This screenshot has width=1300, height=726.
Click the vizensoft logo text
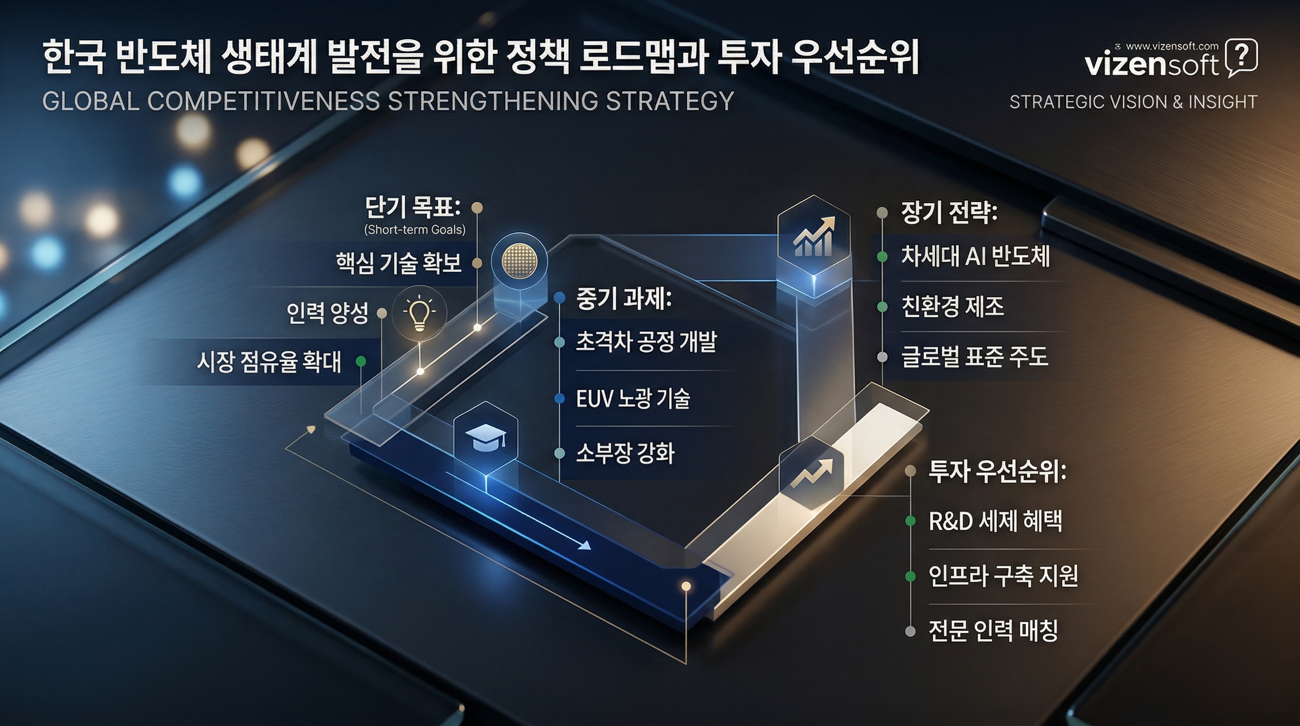[x=1151, y=65]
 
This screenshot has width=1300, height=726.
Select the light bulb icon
[x=419, y=314]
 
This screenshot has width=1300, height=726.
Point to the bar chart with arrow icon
[x=813, y=237]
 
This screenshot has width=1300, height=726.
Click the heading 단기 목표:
[x=412, y=207]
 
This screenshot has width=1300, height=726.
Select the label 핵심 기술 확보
[x=399, y=263]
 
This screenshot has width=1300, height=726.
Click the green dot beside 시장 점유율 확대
[x=361, y=362]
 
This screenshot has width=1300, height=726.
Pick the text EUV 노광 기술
[x=633, y=399]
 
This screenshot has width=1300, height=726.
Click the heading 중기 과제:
[x=624, y=299]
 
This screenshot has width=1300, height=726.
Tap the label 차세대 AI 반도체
[x=975, y=257]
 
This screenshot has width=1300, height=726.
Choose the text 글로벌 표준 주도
[x=975, y=357]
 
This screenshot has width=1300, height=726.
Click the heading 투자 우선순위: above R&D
[x=997, y=472]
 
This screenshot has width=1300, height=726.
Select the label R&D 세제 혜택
[x=995, y=521]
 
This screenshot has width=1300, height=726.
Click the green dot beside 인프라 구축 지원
[x=910, y=576]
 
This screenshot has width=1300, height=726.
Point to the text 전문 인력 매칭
[x=993, y=631]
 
